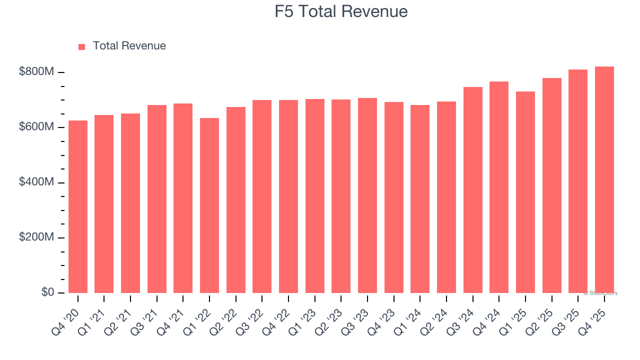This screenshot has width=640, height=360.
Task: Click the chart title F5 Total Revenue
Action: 341,11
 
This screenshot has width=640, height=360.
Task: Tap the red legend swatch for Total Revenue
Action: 82,46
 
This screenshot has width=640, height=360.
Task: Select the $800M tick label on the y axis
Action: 36,72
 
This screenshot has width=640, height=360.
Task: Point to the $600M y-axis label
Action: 36,127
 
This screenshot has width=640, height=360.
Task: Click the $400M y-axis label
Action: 36,182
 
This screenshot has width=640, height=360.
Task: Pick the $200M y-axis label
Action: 36,237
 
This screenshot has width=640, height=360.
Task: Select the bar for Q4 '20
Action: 78,206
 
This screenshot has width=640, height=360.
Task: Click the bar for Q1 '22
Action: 209,205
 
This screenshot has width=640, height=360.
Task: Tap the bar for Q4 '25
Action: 604,179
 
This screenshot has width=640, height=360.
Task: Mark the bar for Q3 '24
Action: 472,190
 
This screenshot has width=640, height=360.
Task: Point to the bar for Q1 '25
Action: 525,192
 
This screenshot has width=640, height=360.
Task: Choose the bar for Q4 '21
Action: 183,198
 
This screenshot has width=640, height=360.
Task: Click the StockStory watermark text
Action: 600,293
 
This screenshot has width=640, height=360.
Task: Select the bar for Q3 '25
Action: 577,181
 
